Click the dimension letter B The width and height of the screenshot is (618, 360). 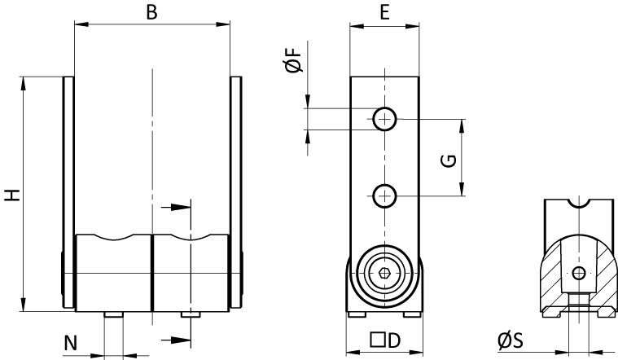151,12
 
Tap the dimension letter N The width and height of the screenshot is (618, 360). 71,343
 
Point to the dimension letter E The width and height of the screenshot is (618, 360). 384,12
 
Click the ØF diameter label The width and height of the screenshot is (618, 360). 294,60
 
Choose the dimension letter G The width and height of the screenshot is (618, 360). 448,161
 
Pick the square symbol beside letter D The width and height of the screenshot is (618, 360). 378,340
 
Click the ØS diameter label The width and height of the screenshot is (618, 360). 511,340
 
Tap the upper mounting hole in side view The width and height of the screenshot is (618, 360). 384,119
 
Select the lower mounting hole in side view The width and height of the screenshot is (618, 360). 384,195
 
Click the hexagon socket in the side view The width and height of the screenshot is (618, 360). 384,273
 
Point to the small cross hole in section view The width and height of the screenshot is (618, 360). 579,273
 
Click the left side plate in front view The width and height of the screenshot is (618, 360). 68,192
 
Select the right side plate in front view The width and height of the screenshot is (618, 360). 236,192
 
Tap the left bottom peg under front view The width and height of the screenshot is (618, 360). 114,314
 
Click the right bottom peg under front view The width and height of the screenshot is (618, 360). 191,314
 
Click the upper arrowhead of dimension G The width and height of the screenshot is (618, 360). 462,126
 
